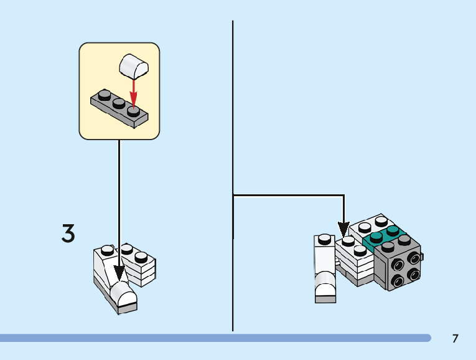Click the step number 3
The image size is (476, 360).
tap(68, 233)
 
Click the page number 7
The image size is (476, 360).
tap(455, 339)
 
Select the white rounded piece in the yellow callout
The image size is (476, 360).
tap(134, 65)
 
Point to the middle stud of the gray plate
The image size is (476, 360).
tap(118, 102)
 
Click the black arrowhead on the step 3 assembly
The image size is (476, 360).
tap(119, 273)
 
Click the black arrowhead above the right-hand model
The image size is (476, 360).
tap(343, 229)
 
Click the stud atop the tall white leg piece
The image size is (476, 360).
tap(324, 238)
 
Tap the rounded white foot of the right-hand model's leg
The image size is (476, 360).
tap(325, 290)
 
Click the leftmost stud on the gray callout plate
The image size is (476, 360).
tap(104, 95)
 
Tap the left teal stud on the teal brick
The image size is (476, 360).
tap(376, 236)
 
